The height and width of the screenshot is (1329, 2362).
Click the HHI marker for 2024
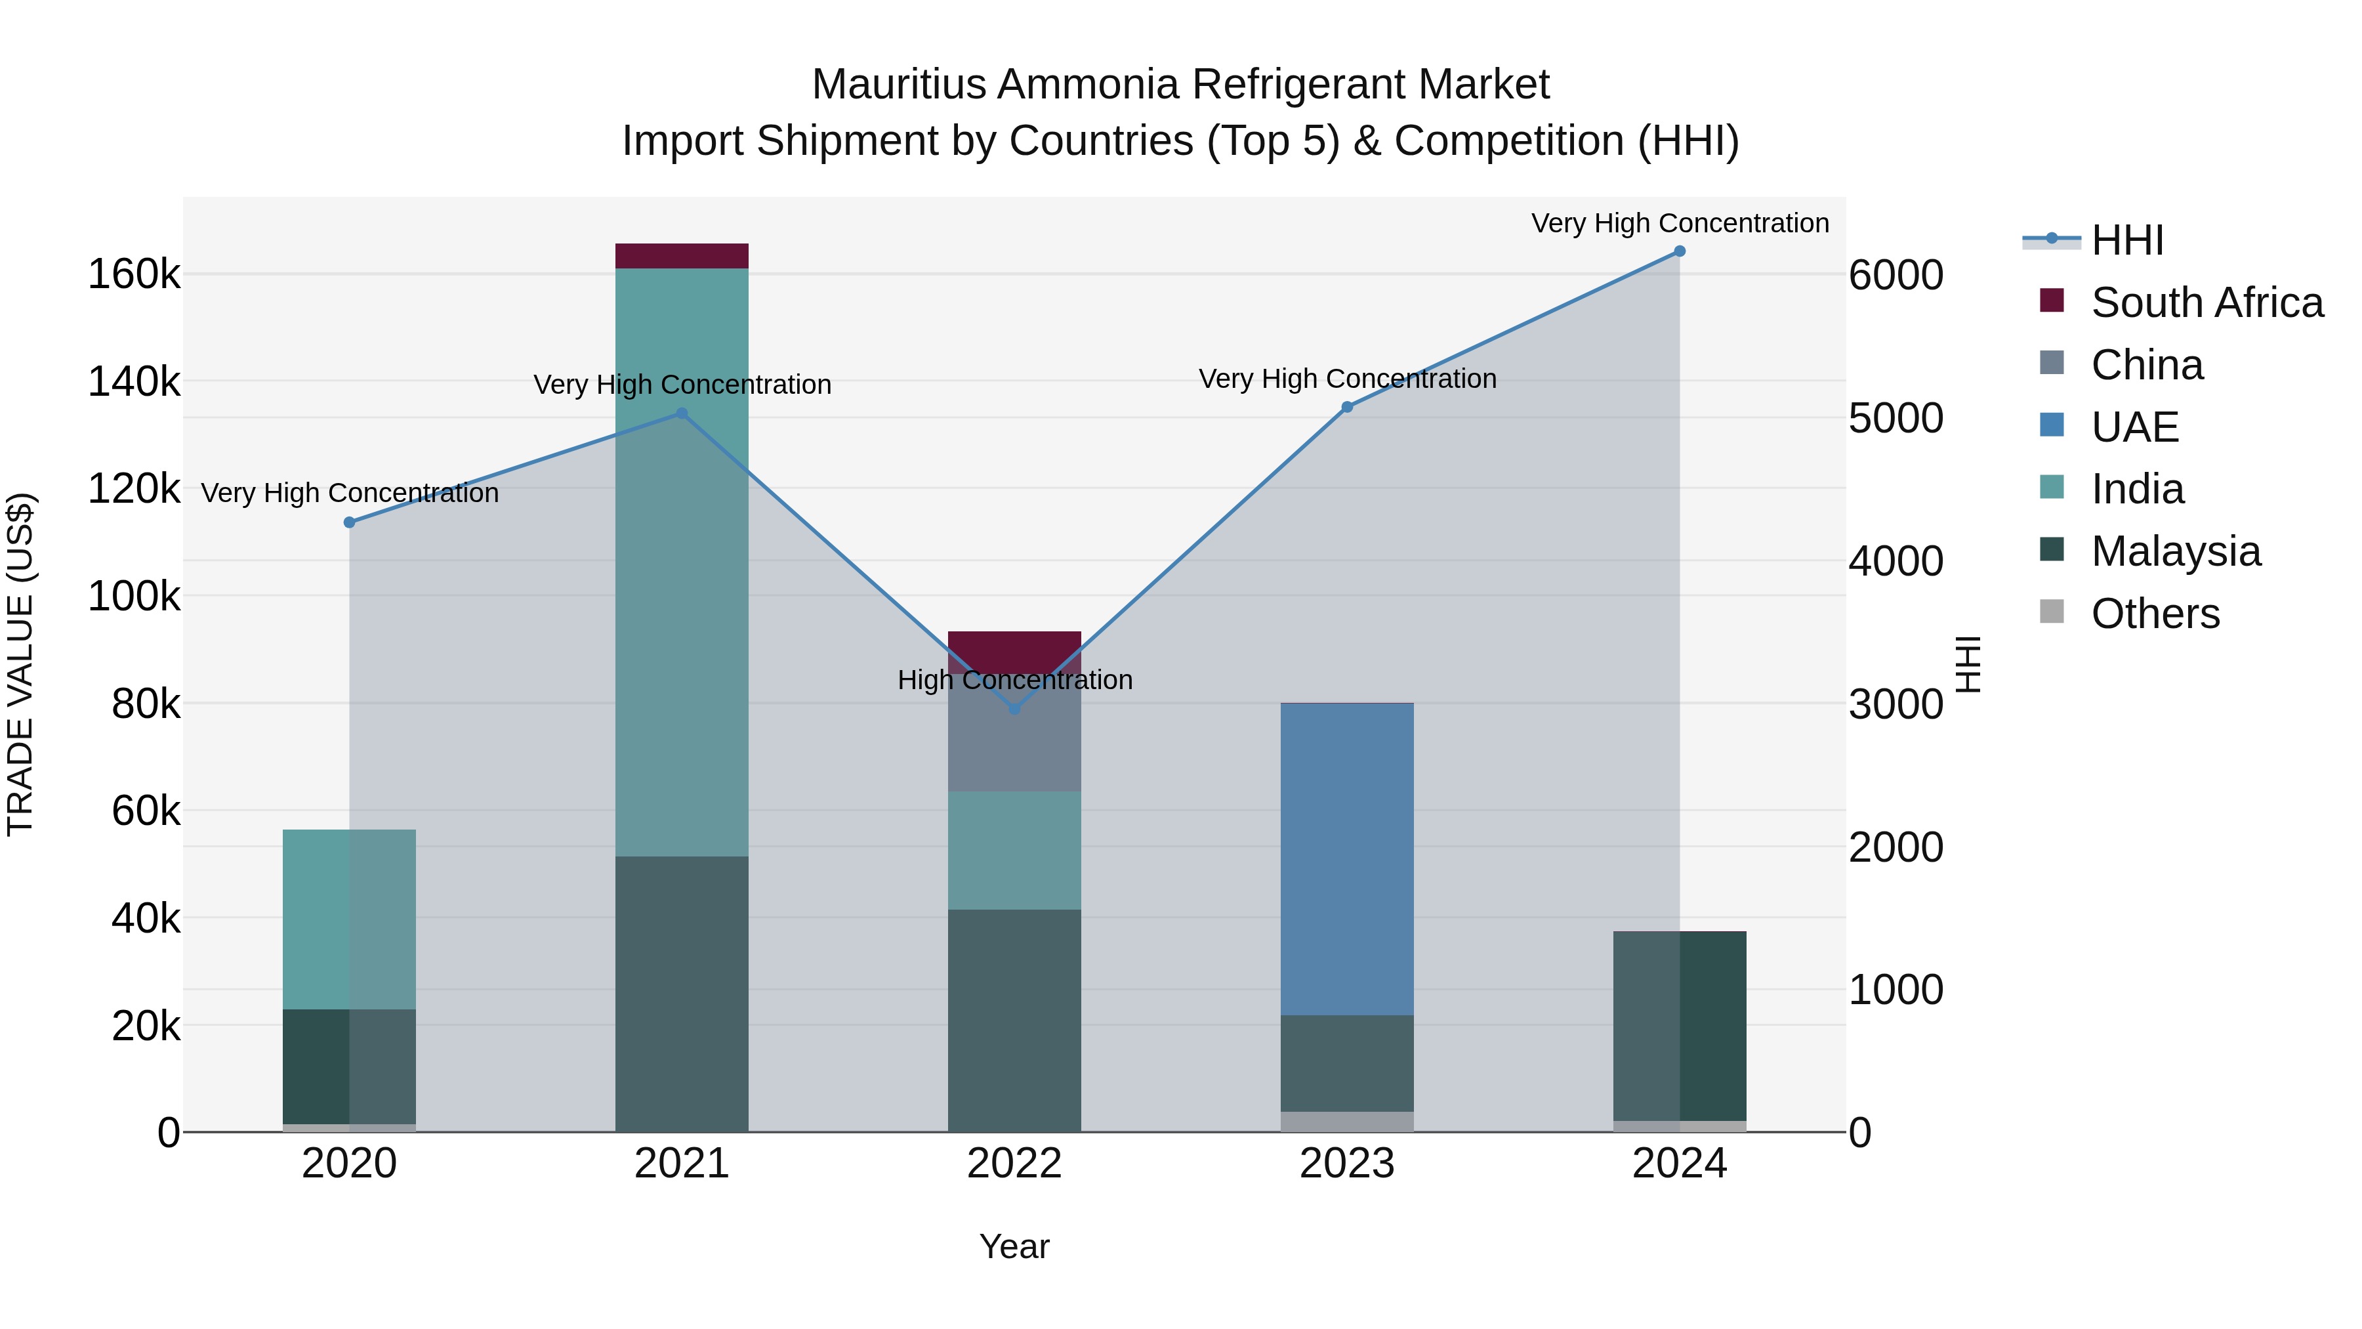tap(1679, 251)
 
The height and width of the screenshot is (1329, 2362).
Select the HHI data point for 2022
tap(1014, 709)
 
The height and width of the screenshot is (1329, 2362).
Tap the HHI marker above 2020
tap(349, 523)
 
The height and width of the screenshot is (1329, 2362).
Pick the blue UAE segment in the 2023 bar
tap(1346, 858)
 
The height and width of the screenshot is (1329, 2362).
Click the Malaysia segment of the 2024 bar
tap(1679, 1025)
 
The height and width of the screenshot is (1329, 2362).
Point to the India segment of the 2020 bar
tap(349, 919)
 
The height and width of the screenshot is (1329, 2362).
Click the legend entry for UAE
tap(2134, 427)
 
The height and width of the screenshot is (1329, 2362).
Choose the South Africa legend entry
tap(2206, 303)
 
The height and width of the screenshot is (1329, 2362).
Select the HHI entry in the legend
tap(2127, 240)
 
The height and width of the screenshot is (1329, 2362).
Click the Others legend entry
tap(2155, 614)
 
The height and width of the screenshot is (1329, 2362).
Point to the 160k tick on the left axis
tap(134, 274)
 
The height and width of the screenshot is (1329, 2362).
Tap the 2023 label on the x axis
tap(1346, 1164)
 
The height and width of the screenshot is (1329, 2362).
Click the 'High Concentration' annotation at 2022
tap(1014, 681)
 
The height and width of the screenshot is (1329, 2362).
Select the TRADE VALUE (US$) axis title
tap(21, 664)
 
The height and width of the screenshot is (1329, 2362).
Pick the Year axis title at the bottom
tap(1014, 1246)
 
